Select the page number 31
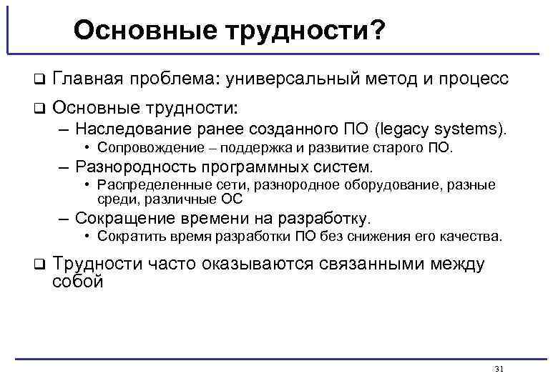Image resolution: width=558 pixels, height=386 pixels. click(499, 368)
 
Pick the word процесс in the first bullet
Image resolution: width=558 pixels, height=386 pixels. click(473, 79)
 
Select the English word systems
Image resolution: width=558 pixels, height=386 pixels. click(471, 129)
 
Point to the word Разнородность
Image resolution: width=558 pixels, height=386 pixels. click(137, 167)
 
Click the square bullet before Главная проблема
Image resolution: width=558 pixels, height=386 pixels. click(39, 79)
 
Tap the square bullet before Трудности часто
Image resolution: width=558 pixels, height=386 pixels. click(39, 264)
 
